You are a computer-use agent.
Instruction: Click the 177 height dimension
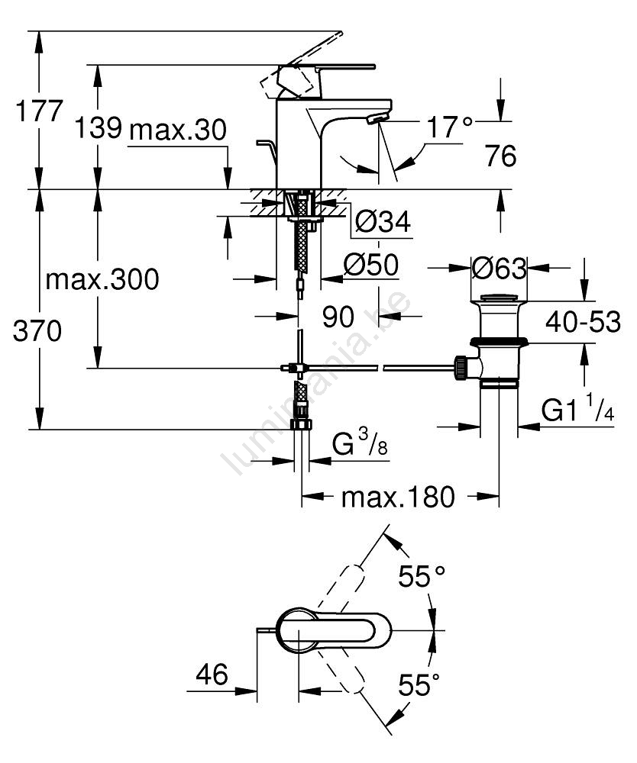[39, 111]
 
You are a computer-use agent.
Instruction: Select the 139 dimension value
[98, 129]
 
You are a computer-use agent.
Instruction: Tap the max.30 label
[178, 130]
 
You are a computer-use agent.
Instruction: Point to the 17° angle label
[449, 128]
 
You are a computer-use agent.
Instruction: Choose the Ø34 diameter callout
[383, 222]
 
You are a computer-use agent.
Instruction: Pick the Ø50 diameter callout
[371, 265]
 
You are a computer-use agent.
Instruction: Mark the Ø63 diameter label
[499, 269]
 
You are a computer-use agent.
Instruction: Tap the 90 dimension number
[338, 317]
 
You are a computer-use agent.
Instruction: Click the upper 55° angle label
[421, 576]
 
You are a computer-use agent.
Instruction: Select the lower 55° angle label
[419, 685]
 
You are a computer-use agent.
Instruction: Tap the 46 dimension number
[212, 674]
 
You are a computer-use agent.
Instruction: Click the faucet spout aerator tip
[377, 119]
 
